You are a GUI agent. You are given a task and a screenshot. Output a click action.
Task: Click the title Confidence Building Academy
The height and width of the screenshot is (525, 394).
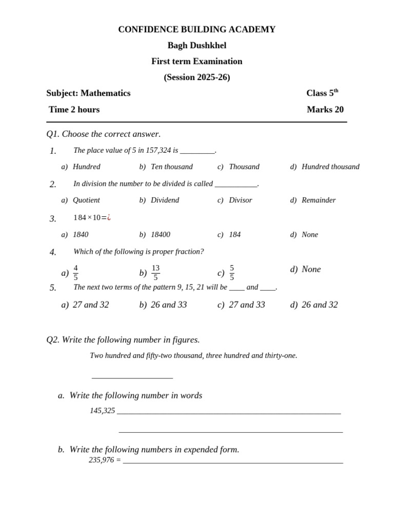[x=196, y=30]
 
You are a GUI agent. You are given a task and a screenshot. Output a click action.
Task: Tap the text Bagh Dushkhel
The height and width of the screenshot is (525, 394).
[x=196, y=46]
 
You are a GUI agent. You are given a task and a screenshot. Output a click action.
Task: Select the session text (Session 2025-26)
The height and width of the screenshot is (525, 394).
[x=196, y=77]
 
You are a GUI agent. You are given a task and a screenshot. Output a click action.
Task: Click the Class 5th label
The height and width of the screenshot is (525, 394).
[x=322, y=93]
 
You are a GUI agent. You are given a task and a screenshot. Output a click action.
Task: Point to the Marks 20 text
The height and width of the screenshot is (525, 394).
[x=325, y=110]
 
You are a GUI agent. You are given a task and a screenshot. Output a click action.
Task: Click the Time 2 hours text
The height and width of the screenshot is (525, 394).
[x=74, y=110]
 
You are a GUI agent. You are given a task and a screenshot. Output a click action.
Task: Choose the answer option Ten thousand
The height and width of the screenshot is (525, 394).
[x=171, y=167]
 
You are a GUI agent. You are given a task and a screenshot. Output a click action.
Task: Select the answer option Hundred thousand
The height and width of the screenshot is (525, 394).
[x=330, y=167]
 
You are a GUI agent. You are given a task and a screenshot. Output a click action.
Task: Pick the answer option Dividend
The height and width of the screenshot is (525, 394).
[x=165, y=200]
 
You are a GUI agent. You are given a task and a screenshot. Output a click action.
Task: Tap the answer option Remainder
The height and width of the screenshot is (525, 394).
[x=319, y=200]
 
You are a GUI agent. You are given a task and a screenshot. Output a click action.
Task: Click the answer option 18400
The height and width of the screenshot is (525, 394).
[x=160, y=234]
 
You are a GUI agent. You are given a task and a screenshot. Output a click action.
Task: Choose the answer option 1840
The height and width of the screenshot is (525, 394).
[x=81, y=234]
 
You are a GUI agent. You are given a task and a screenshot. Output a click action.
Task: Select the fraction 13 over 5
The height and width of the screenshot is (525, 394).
[x=155, y=273]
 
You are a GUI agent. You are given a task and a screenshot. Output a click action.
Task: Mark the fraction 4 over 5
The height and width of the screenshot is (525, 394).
[x=76, y=273]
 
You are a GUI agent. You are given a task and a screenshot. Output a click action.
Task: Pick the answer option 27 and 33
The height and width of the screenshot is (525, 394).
[x=247, y=305]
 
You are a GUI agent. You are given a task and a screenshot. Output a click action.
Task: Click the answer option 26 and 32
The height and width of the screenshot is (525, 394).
[x=320, y=305]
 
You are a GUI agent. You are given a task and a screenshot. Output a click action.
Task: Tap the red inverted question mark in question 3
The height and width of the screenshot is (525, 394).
[x=109, y=217]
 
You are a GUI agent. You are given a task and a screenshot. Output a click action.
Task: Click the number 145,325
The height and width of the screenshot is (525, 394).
[x=102, y=411]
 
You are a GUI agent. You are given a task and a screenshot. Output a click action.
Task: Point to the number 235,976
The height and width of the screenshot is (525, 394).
[x=101, y=460]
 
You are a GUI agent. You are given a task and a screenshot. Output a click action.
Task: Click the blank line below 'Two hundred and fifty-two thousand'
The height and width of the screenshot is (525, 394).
[x=132, y=378]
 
